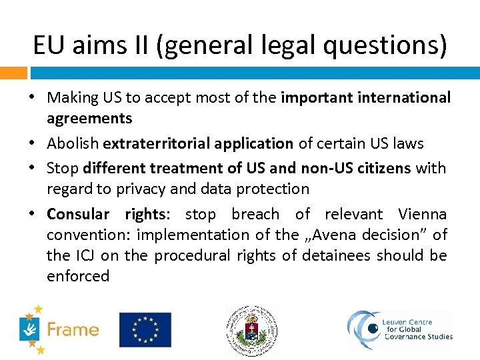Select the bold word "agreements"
(x=89, y=118)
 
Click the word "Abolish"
(x=73, y=143)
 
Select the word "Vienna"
(x=422, y=214)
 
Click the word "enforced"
(x=77, y=276)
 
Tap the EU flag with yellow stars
(x=145, y=329)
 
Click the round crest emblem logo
(x=251, y=330)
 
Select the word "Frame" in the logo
(x=73, y=329)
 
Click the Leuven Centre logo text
(x=418, y=329)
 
